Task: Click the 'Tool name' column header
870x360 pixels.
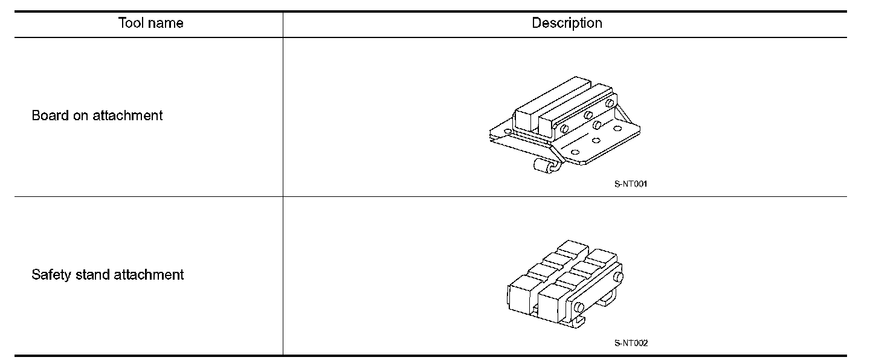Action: pos(150,24)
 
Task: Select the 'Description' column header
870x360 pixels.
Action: pos(567,24)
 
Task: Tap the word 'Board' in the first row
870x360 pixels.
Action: pos(50,115)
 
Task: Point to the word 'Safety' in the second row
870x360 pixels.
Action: pos(49,275)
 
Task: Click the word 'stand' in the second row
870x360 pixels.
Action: pos(92,275)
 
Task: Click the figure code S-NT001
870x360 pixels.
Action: pos(631,184)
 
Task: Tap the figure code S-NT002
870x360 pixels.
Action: pos(631,344)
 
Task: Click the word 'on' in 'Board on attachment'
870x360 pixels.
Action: pos(81,115)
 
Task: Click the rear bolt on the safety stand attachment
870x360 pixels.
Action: pos(618,278)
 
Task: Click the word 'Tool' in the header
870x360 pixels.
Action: pos(131,24)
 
